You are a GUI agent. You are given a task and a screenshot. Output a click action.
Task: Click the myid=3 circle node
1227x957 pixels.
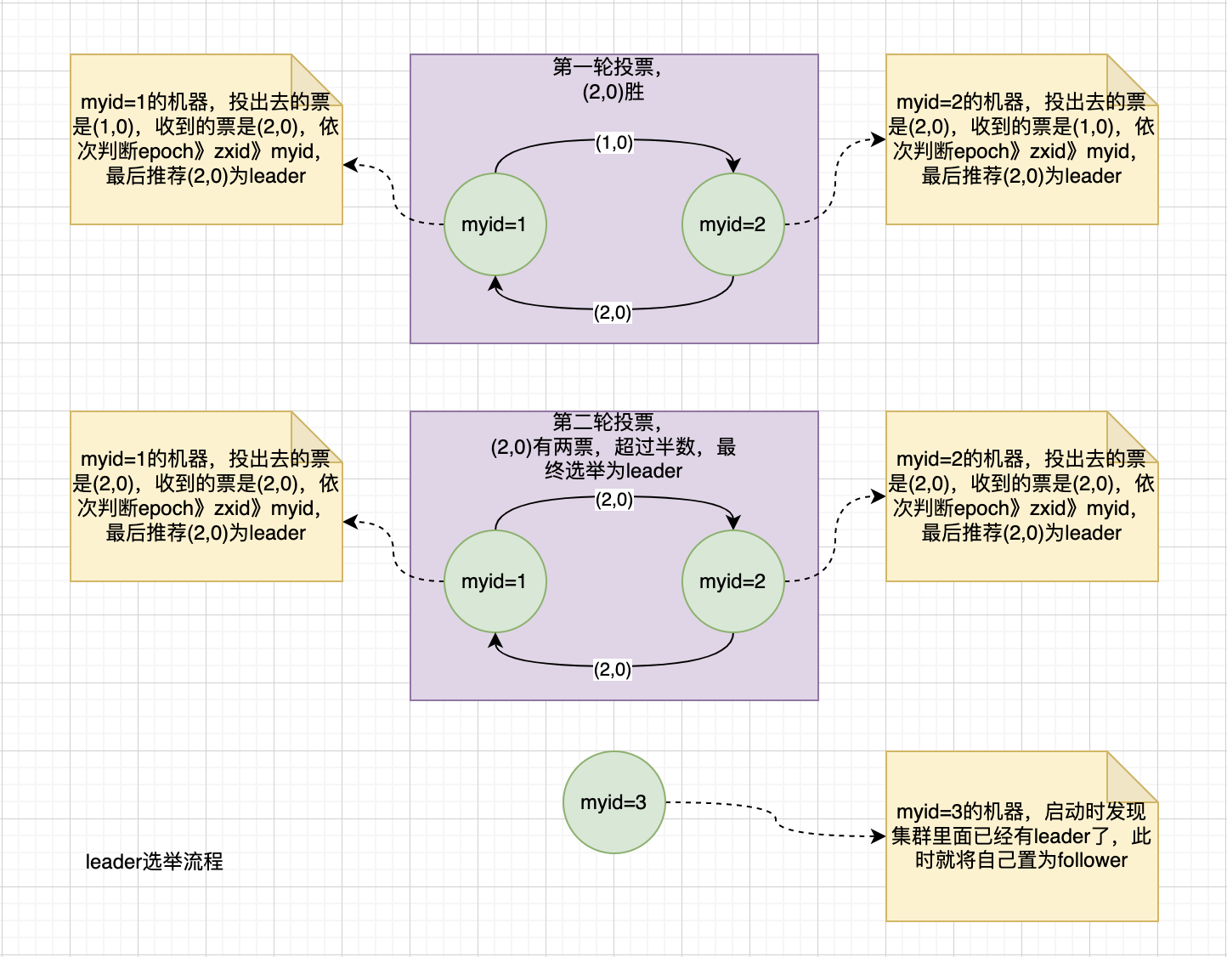(x=613, y=802)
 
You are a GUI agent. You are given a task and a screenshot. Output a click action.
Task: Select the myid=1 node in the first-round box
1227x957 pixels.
(x=495, y=224)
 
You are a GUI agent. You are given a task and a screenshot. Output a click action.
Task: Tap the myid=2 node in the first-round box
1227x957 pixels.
(x=732, y=224)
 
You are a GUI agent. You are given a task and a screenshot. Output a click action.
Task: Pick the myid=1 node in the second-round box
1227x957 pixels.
(x=495, y=581)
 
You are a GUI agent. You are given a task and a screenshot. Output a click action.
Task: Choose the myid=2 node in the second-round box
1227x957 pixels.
(x=732, y=581)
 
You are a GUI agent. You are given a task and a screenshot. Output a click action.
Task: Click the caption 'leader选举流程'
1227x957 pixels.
(x=154, y=862)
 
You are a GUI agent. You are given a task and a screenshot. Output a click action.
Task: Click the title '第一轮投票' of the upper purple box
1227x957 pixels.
(x=606, y=67)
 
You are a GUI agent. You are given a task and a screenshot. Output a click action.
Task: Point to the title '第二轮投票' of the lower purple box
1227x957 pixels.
(x=606, y=422)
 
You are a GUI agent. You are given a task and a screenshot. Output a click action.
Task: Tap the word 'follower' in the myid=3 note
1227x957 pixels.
(x=1092, y=860)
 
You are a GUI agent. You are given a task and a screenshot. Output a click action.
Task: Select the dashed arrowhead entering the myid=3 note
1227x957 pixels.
(x=879, y=836)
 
